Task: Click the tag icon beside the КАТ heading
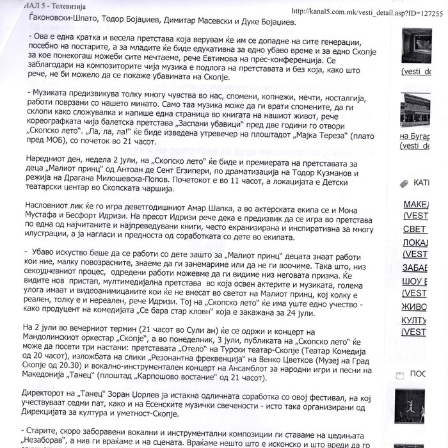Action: click(x=403, y=183)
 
